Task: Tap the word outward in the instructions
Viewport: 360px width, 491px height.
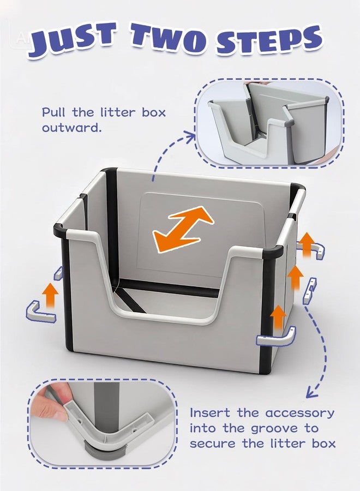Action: point(72,128)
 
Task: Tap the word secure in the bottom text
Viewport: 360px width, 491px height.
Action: point(212,444)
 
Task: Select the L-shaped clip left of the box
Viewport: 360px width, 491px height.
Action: point(41,312)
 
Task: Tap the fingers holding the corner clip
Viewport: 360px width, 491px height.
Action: point(52,404)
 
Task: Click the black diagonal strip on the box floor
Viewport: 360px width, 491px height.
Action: point(131,300)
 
